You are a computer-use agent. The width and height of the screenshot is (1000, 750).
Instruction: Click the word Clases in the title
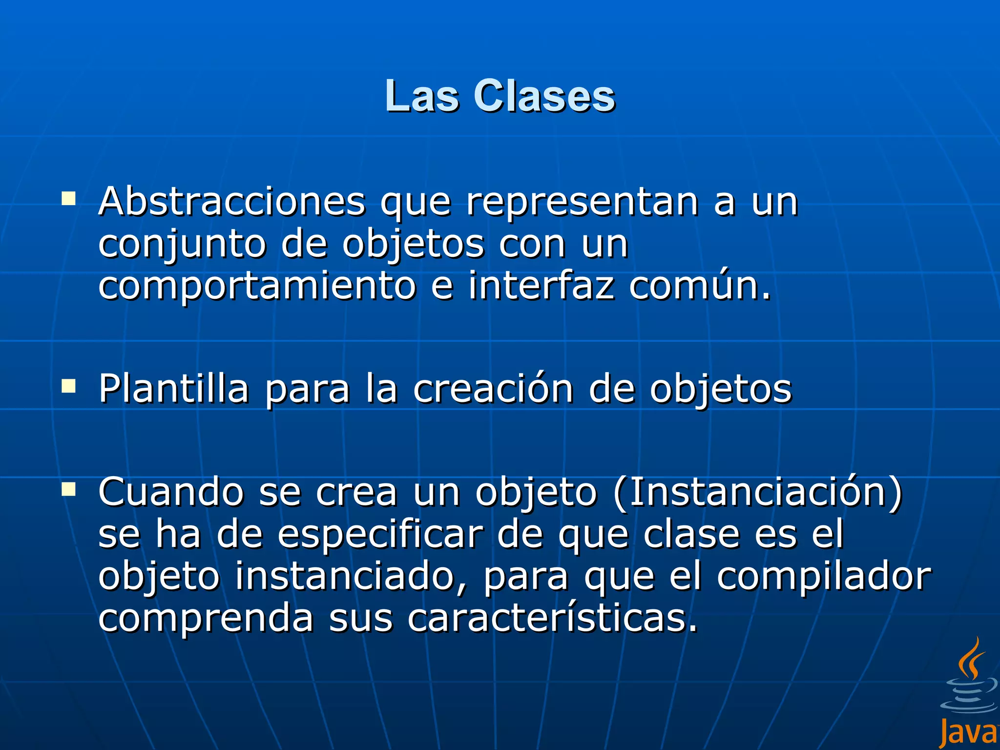click(544, 96)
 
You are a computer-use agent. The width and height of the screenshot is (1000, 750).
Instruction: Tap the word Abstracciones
click(232, 201)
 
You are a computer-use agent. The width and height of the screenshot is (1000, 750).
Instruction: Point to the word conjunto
click(182, 244)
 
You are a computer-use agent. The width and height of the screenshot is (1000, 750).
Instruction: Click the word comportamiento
click(257, 286)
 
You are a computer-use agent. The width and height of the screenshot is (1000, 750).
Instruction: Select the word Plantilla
click(174, 389)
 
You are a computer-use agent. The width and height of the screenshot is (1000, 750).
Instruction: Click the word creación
click(493, 389)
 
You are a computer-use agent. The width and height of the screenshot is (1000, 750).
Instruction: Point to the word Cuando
click(171, 492)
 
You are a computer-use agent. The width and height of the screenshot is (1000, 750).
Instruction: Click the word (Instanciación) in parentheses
click(757, 492)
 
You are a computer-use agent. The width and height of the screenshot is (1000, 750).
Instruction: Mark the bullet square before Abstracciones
click(68, 198)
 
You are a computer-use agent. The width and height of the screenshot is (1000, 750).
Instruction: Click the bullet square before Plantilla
click(68, 387)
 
